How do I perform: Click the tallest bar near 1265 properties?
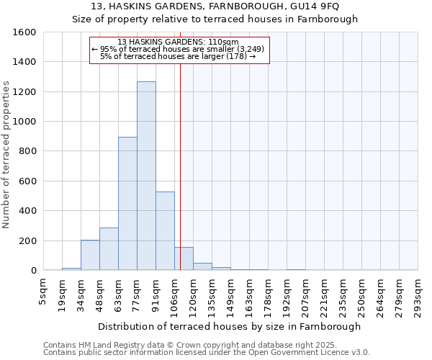point(146,176)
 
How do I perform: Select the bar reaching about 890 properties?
point(127,204)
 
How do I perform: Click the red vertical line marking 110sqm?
point(180,166)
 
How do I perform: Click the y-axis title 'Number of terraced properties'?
point(6,155)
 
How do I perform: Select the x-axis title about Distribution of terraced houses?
point(230,326)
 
